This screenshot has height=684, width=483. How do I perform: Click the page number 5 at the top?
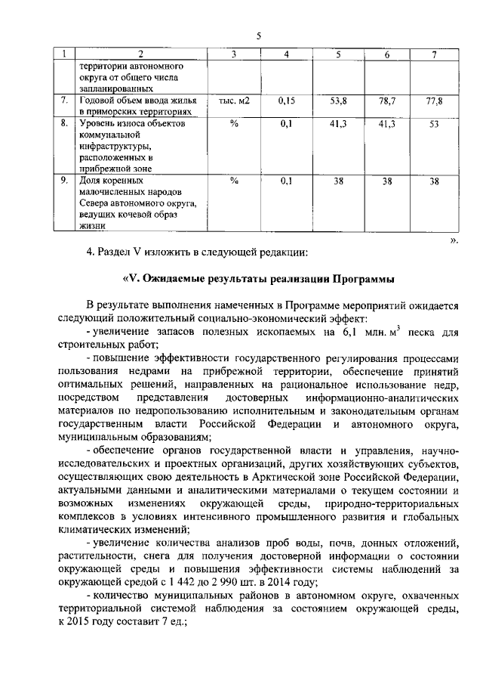(x=258, y=36)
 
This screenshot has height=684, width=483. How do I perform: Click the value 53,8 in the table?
(x=337, y=100)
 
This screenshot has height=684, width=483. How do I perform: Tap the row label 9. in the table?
(x=66, y=181)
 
